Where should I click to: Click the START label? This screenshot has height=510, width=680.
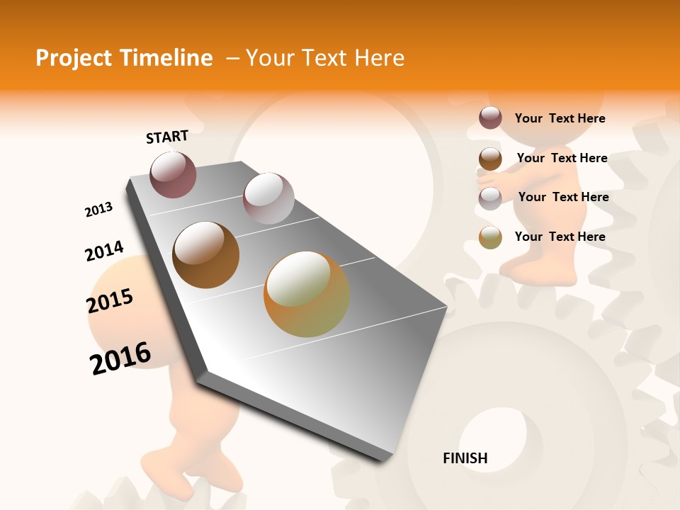tap(167, 137)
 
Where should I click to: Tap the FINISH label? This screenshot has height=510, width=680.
tap(465, 458)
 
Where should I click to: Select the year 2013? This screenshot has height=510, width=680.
tap(98, 210)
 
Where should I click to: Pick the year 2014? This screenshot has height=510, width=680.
tap(104, 251)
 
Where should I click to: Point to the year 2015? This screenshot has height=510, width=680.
tap(110, 301)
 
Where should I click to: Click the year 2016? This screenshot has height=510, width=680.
tap(120, 358)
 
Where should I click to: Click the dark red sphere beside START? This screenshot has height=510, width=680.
tap(173, 174)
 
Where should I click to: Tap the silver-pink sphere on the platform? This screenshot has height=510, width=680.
tap(268, 198)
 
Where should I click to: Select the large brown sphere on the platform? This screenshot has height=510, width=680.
tap(206, 255)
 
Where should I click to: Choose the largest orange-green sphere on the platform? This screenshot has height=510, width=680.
tap(307, 294)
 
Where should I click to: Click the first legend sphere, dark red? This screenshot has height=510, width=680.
tap(490, 118)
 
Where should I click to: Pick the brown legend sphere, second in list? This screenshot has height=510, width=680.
tap(490, 159)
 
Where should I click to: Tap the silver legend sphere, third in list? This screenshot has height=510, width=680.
tap(490, 198)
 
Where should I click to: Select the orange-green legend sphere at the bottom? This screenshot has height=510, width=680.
tap(490, 237)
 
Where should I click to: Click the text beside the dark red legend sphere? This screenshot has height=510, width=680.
tap(560, 118)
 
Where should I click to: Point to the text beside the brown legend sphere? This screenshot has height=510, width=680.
tap(562, 158)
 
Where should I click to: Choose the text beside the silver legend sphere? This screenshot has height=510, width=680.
tap(563, 197)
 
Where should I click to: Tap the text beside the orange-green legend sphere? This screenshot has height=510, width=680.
tap(560, 237)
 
